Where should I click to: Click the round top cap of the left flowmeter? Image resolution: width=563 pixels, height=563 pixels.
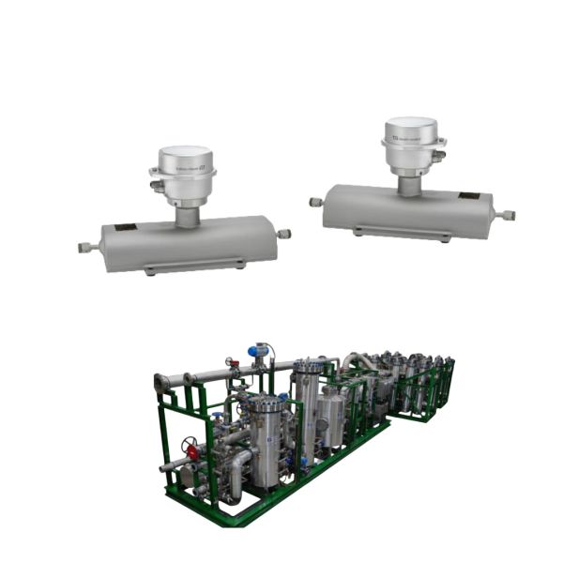184,154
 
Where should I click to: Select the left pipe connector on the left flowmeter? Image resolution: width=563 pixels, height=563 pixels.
86,249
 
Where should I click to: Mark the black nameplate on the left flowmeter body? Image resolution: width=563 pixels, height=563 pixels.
123,226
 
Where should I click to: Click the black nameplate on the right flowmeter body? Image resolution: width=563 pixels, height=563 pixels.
467,196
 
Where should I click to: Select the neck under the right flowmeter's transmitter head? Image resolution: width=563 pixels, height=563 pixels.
409,186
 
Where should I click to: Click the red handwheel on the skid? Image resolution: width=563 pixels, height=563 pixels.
192,451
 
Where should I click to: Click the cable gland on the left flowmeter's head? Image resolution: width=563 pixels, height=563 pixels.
155,186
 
